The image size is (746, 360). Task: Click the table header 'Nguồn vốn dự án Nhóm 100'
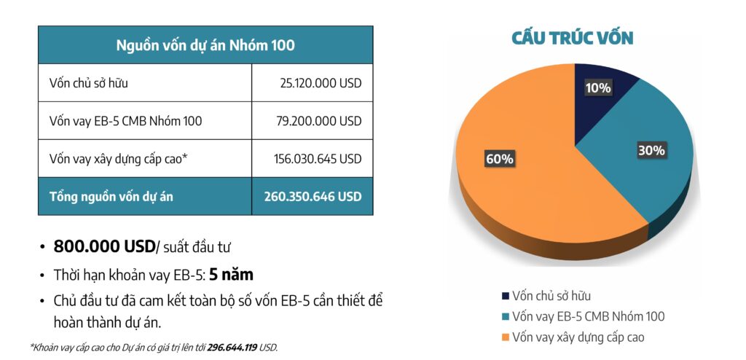coord(205,45)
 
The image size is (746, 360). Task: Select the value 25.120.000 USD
coord(321,83)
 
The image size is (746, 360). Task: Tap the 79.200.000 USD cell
coord(321,121)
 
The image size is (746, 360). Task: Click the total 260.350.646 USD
coord(313,196)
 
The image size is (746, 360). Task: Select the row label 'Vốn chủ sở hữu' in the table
coord(89,83)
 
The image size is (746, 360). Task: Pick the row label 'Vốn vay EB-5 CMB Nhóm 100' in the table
coord(125,121)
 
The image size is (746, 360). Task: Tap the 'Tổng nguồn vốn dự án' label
coord(111,196)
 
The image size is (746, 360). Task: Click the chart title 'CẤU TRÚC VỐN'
coord(573,38)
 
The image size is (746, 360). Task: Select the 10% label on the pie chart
coord(598,88)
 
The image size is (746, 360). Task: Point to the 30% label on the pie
coord(651,151)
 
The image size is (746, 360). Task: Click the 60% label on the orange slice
coord(500,158)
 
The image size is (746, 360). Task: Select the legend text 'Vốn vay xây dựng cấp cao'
coord(578,337)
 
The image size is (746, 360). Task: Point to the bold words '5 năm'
coord(231,275)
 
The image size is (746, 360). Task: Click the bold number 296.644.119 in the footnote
coord(232,348)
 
